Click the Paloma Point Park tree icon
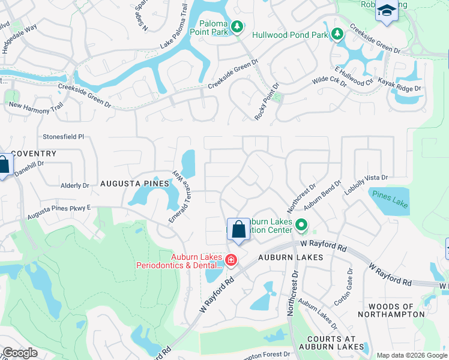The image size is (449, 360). [238, 26]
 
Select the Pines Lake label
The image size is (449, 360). [390, 199]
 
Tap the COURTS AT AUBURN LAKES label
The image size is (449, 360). [325, 342]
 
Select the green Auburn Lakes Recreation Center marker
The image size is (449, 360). [301, 226]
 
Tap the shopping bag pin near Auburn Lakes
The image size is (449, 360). [238, 229]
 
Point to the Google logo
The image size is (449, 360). [20, 353]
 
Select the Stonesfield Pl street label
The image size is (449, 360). [63, 137]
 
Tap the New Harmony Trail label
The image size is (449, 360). [35, 106]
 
